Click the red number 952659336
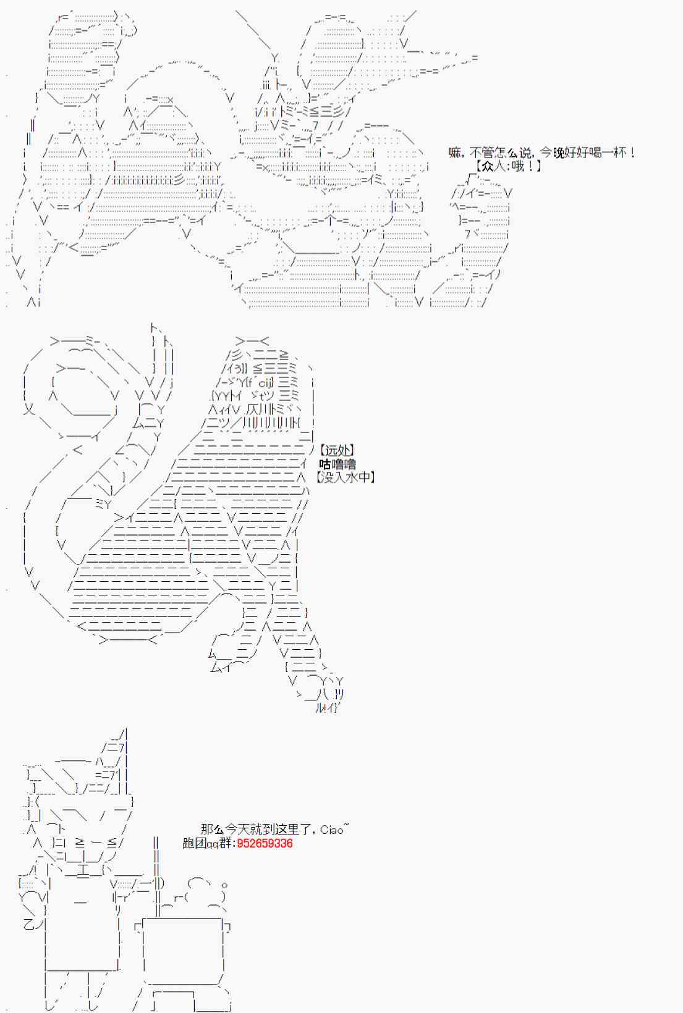[265, 843]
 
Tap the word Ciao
[332, 830]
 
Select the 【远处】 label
[336, 450]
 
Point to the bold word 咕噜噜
[337, 463]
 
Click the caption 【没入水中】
[345, 477]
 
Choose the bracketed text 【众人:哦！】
[509, 166]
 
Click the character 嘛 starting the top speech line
[454, 153]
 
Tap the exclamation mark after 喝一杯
[632, 153]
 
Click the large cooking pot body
[182, 951]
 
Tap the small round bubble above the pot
[224, 885]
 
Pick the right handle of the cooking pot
[227, 927]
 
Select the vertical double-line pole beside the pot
[156, 876]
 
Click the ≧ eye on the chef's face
[80, 843]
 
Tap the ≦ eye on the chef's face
[112, 843]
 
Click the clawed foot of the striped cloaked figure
[328, 695]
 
